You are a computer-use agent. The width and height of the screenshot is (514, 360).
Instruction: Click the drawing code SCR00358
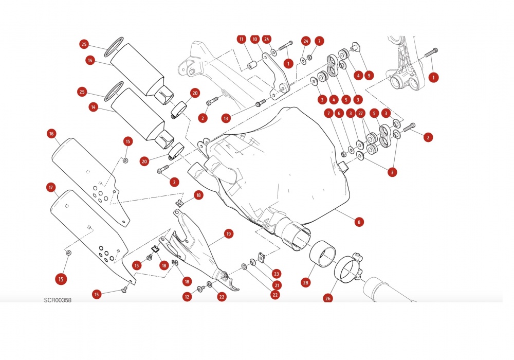coord(57,300)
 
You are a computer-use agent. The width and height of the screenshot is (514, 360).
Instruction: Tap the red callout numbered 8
coord(359,222)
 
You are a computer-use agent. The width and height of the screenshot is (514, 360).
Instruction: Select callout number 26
coord(328,297)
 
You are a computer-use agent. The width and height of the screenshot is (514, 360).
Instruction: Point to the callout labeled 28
coord(306,282)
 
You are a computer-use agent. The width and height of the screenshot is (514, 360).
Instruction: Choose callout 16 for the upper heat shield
coord(51,134)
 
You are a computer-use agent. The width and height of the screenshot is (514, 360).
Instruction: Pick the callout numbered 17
coord(51,188)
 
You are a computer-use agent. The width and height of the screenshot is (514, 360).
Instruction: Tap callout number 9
coord(369,75)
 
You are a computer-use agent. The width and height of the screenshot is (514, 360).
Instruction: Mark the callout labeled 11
coord(241,39)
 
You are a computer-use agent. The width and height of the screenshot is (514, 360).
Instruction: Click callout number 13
coord(226,118)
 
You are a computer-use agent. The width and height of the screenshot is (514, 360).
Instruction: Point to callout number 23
coord(277,274)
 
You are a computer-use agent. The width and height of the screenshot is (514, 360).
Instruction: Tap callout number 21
coord(277,285)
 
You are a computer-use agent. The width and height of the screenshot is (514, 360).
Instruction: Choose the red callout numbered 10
coord(254,39)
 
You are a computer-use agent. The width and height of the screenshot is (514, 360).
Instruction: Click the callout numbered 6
coord(338,114)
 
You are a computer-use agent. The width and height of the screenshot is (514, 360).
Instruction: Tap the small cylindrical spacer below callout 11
coord(252,66)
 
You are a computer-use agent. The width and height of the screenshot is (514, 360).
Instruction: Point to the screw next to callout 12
coord(200,290)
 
